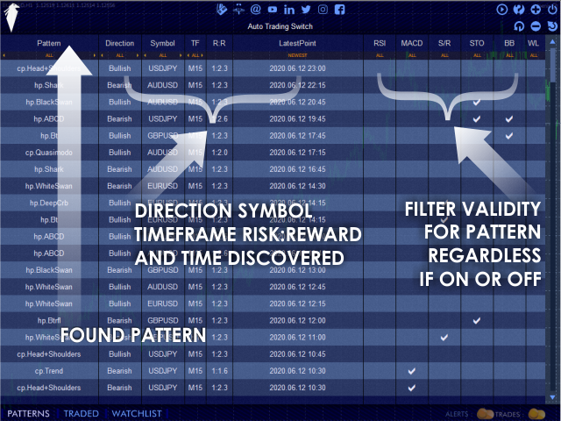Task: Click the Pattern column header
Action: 49,42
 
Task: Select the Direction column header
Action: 119,42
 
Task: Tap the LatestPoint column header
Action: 298,42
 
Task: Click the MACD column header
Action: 411,42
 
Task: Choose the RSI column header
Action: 380,42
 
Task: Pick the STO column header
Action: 476,42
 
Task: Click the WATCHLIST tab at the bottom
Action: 136,413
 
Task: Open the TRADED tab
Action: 82,413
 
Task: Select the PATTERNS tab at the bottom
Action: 29,413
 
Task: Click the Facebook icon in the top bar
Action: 339,10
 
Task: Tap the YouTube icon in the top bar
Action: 273,10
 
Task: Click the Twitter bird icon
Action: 306,10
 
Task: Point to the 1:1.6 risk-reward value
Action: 220,371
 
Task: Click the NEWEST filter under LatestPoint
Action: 298,54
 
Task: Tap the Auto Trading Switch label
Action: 280,26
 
